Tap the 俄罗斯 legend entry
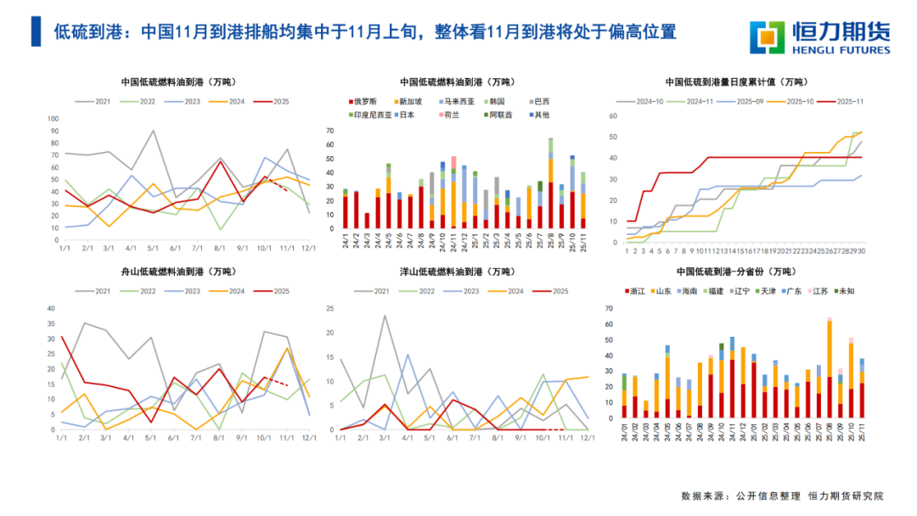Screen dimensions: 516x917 pos(363,101)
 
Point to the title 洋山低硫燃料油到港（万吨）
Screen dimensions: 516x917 pos(457,272)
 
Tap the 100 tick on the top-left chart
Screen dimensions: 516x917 pos(53,119)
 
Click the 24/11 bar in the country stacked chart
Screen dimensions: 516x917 pos(453,193)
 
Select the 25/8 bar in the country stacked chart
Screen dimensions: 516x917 pos(550,183)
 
